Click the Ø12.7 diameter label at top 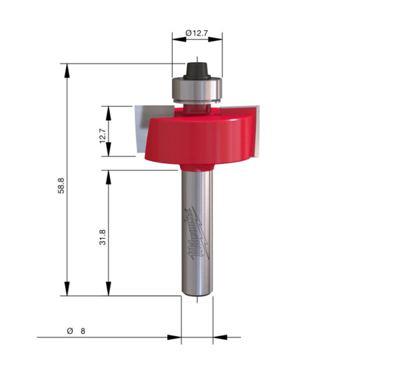197,33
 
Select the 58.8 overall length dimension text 61,186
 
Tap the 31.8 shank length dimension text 103,237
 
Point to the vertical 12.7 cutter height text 103,135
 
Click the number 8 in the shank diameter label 83,331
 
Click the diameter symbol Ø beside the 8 70,331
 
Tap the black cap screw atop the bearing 197,71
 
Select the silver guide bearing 197,89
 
